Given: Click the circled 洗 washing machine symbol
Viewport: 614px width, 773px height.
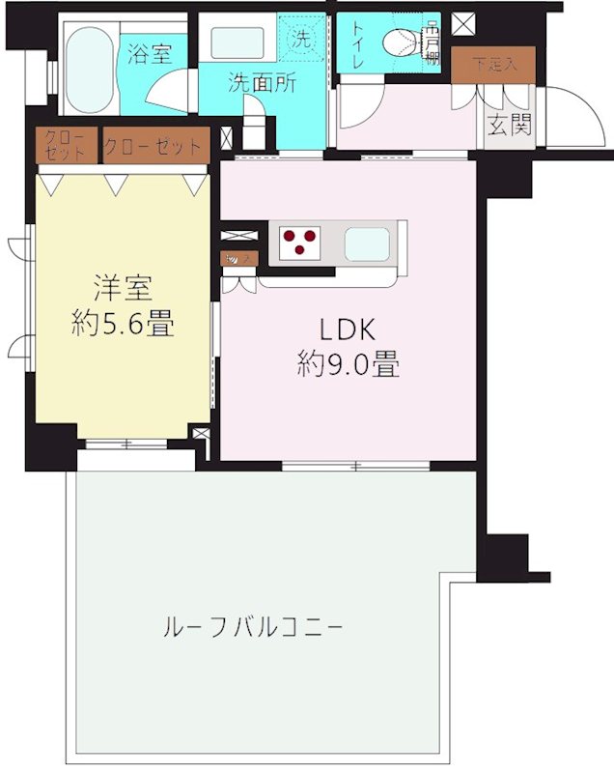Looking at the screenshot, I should click(x=302, y=40).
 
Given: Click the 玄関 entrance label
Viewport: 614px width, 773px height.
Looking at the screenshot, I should click(x=509, y=127).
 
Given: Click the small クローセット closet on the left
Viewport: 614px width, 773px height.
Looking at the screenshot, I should click(x=66, y=147).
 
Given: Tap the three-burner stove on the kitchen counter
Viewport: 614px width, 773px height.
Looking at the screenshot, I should click(x=301, y=242).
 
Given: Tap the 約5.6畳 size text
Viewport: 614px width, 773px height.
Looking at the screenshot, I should click(x=123, y=324).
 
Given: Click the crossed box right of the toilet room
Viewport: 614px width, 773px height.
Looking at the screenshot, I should click(x=464, y=21).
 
